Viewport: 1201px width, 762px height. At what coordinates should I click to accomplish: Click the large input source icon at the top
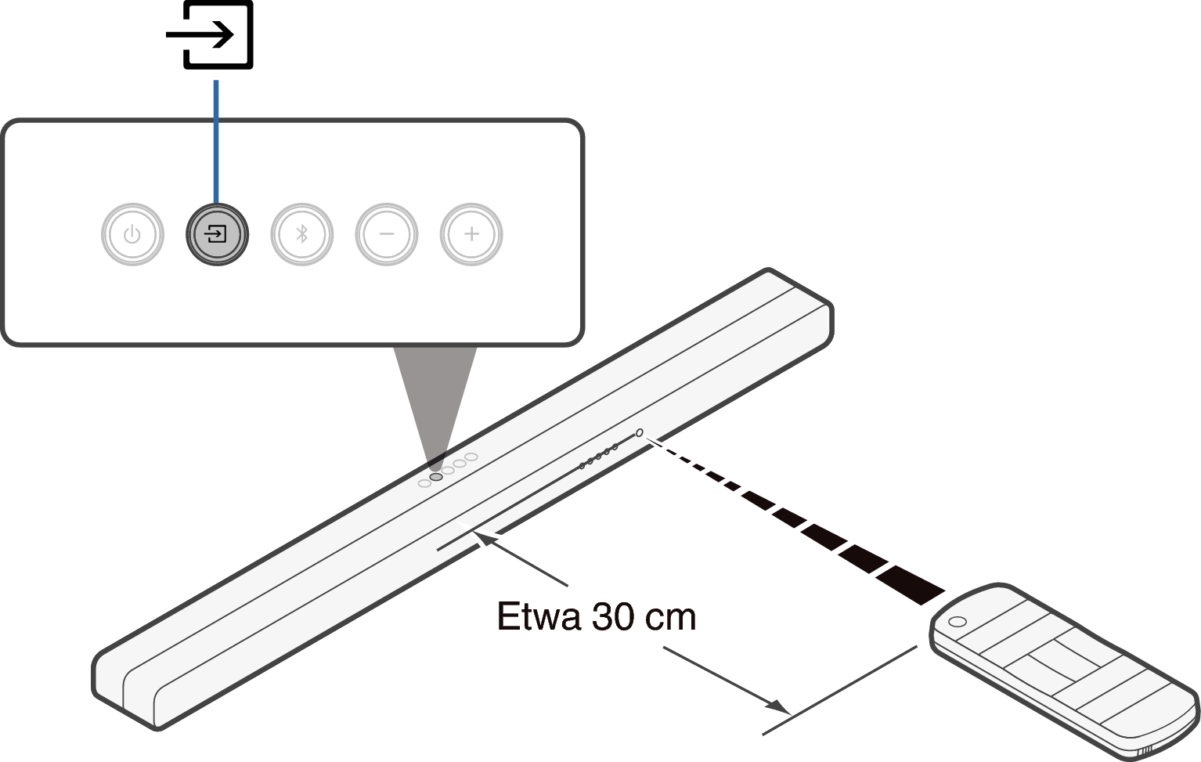click(x=210, y=35)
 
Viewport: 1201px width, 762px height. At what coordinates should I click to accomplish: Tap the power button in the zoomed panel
click(x=132, y=234)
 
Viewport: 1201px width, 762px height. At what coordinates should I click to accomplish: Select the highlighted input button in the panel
click(x=217, y=234)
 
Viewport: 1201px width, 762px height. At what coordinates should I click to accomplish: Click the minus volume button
click(x=387, y=234)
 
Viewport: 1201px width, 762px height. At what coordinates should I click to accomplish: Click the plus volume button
click(x=471, y=234)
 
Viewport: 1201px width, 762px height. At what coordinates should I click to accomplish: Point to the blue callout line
click(x=216, y=142)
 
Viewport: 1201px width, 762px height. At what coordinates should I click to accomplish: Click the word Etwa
click(x=539, y=616)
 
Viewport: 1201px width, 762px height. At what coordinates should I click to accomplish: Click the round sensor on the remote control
click(x=958, y=622)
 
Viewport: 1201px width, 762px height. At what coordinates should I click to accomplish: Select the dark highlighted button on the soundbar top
click(x=436, y=477)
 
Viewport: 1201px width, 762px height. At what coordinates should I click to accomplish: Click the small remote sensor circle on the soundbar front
click(x=639, y=433)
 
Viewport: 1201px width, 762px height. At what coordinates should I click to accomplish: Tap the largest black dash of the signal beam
click(x=910, y=584)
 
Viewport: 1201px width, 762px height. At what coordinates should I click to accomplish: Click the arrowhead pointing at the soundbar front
click(x=485, y=539)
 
